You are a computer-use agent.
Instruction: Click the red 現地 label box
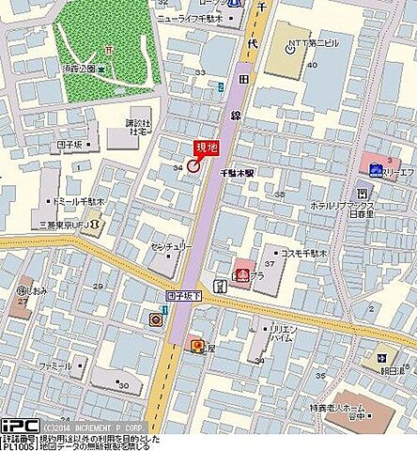pos(206,147)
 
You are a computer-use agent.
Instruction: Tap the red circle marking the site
pos(193,165)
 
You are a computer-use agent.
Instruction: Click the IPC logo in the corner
pos(18,426)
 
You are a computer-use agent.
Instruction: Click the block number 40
pos(313,65)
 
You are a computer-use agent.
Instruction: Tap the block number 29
pos(97,286)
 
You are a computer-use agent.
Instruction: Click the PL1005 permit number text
pos(18,447)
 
